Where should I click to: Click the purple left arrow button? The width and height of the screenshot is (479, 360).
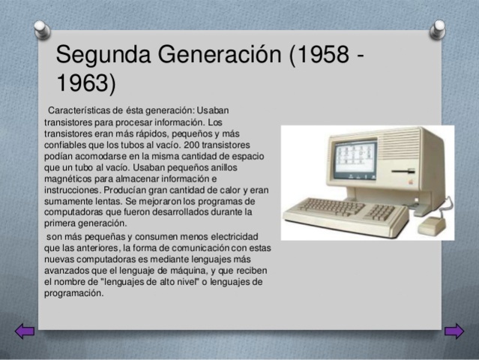(25, 331)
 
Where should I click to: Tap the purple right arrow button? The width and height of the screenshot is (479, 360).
(454, 331)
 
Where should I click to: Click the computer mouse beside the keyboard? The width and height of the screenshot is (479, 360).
(433, 225)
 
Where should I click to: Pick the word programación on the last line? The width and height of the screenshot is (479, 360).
(73, 293)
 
